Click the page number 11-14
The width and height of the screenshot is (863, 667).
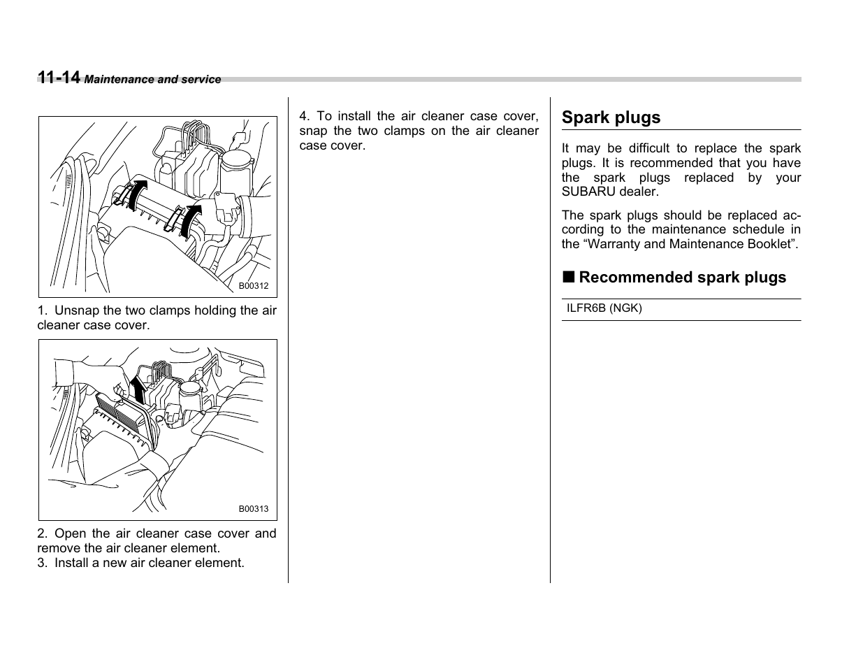pyautogui.click(x=59, y=78)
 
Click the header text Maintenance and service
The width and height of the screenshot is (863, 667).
pyautogui.click(x=152, y=80)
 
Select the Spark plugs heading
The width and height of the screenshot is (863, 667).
pyautogui.click(x=611, y=117)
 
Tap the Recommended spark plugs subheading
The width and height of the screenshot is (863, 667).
pyautogui.click(x=682, y=278)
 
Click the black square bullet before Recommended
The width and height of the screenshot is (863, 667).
pyautogui.click(x=569, y=277)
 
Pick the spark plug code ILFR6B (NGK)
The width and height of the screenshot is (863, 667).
pyautogui.click(x=604, y=308)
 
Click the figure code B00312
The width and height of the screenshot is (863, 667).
pyautogui.click(x=253, y=287)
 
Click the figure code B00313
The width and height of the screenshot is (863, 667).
pyautogui.click(x=253, y=510)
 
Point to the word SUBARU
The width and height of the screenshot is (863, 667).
pyautogui.click(x=586, y=192)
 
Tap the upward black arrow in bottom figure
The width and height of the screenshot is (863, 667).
pyautogui.click(x=139, y=389)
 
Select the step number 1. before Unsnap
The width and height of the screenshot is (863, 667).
pyautogui.click(x=43, y=311)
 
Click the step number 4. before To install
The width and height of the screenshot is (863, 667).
pyautogui.click(x=305, y=117)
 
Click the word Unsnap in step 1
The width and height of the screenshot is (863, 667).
pyautogui.click(x=77, y=311)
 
